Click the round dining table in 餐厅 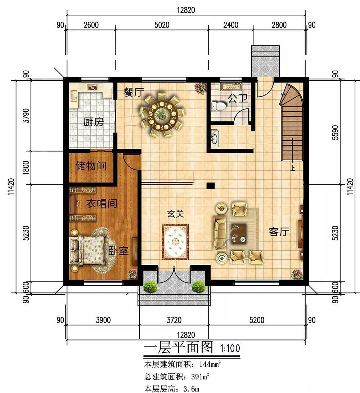coord(162,115)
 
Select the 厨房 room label coord(94,122)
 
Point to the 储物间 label coord(91,166)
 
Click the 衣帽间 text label coord(102,203)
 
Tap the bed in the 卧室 coord(87,251)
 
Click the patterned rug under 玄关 coord(175,242)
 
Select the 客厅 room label coord(279,232)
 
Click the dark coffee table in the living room coord(238,233)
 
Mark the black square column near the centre coord(211,186)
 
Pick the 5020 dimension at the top coord(162,25)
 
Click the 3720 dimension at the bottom coord(174,320)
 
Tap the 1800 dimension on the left coord(26,168)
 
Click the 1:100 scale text coord(230,348)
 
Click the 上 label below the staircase coord(293,168)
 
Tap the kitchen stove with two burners coord(93,88)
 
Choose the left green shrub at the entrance coord(150,287)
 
